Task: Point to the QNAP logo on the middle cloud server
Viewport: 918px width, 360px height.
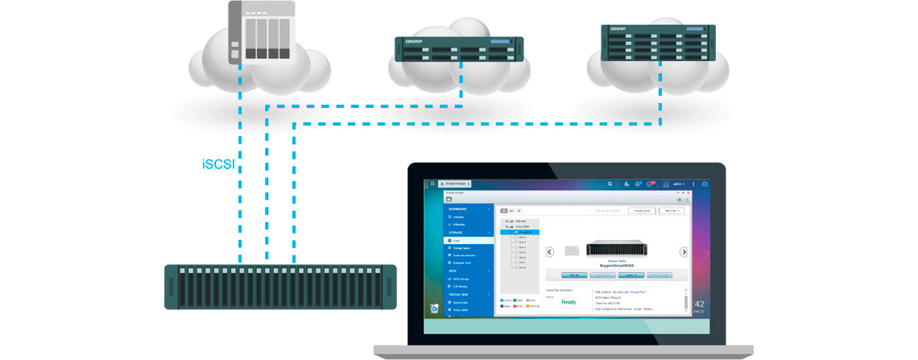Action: (413, 40)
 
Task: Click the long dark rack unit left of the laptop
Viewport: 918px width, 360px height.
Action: (280, 287)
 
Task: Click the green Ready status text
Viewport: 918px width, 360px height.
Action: (569, 302)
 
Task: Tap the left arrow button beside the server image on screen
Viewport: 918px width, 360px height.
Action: (550, 252)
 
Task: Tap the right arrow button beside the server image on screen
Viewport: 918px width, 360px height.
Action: (684, 252)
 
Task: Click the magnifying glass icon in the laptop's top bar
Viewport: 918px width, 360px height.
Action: (610, 184)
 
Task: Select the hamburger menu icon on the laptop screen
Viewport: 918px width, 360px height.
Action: (432, 184)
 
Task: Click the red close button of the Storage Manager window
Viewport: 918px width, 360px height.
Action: (689, 193)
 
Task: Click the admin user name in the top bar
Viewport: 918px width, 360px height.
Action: (677, 184)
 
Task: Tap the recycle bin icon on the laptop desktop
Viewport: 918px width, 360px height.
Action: (435, 308)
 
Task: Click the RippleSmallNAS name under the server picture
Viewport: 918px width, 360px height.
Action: (616, 263)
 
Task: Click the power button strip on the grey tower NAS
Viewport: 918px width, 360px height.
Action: (234, 32)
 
